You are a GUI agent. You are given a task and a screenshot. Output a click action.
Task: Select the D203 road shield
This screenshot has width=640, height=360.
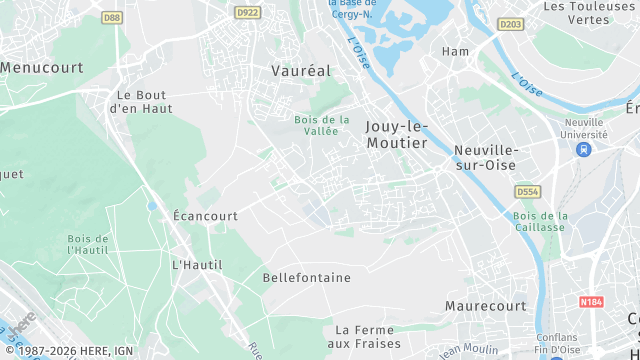(x=510, y=24)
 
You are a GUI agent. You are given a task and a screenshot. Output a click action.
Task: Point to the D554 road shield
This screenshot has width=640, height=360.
(x=527, y=191)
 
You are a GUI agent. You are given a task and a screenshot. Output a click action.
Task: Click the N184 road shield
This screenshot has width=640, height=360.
(x=591, y=301)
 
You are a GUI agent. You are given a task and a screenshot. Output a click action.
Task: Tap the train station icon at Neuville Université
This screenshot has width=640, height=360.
(x=583, y=149)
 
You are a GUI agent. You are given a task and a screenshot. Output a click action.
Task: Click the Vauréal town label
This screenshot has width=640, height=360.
(x=300, y=71)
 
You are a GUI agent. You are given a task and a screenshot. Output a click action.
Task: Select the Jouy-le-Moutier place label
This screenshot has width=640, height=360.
(x=396, y=135)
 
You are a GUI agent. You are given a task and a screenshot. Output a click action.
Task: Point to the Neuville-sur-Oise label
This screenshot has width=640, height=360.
(x=490, y=157)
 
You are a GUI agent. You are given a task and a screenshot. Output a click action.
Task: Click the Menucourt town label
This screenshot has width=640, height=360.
(x=40, y=68)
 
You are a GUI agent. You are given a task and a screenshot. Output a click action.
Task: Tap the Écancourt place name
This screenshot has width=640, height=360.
(x=205, y=216)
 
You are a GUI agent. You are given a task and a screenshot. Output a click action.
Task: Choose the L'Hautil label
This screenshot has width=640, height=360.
(x=197, y=265)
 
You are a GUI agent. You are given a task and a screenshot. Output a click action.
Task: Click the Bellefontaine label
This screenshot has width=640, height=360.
(x=306, y=277)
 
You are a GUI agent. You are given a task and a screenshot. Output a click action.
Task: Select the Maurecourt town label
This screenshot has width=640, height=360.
(x=485, y=305)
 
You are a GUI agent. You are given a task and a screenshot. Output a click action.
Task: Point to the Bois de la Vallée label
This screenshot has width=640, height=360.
(x=322, y=126)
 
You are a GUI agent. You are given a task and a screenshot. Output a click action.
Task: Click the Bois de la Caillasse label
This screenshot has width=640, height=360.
(x=540, y=221)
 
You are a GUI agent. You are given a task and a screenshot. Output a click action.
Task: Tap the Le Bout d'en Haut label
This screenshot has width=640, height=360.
(x=140, y=101)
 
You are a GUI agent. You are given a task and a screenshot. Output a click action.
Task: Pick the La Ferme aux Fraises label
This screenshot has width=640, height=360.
(x=370, y=336)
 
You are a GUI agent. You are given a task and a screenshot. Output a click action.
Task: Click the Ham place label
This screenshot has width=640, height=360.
(x=455, y=51)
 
